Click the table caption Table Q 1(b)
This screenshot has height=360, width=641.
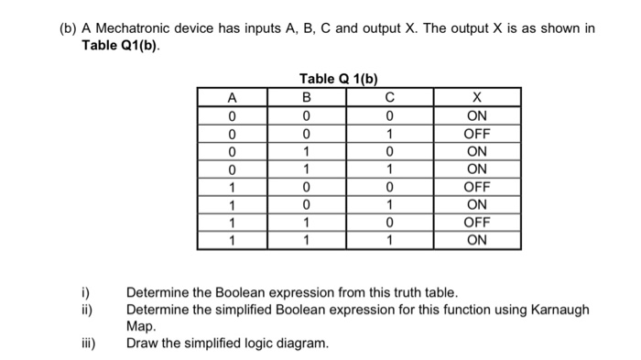(338, 79)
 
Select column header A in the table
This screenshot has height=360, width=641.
(233, 97)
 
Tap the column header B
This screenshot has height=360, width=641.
(306, 97)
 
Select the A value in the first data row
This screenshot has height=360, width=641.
(233, 116)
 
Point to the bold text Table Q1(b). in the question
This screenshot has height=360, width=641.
(120, 46)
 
